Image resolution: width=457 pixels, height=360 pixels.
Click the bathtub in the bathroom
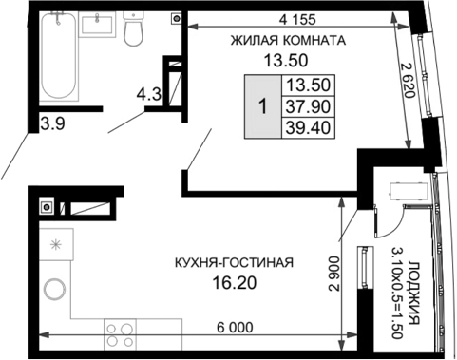(x=61, y=57)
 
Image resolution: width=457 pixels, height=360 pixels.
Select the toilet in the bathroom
(x=134, y=33)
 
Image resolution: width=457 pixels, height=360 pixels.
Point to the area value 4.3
(x=147, y=94)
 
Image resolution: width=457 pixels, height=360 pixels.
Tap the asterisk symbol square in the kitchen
(x=55, y=244)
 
